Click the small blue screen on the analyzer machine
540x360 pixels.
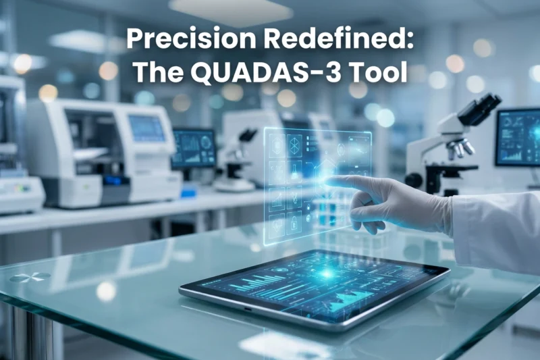coord(146,128)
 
